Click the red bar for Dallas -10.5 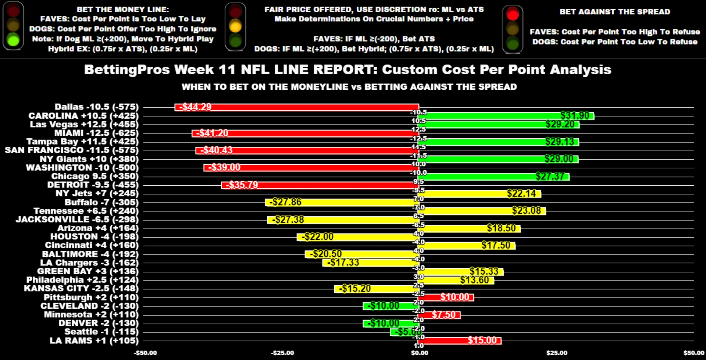click(296, 107)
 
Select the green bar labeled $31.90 click(506, 116)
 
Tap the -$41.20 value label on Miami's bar click(212, 133)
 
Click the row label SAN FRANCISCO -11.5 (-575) click(72, 150)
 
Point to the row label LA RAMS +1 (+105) click(94, 341)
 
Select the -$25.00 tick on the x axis click(282, 353)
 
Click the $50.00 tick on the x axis click(693, 353)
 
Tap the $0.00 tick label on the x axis click(420, 353)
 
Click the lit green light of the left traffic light click(13, 40)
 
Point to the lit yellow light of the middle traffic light click(235, 26)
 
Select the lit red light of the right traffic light click(512, 14)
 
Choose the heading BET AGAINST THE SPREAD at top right click(615, 12)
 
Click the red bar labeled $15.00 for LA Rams click(460, 341)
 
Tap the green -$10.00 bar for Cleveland click(391, 306)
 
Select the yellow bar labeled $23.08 click(482, 211)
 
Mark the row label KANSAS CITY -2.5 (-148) click(81, 289)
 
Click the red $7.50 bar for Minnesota click(439, 315)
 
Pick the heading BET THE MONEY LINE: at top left click(123, 10)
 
